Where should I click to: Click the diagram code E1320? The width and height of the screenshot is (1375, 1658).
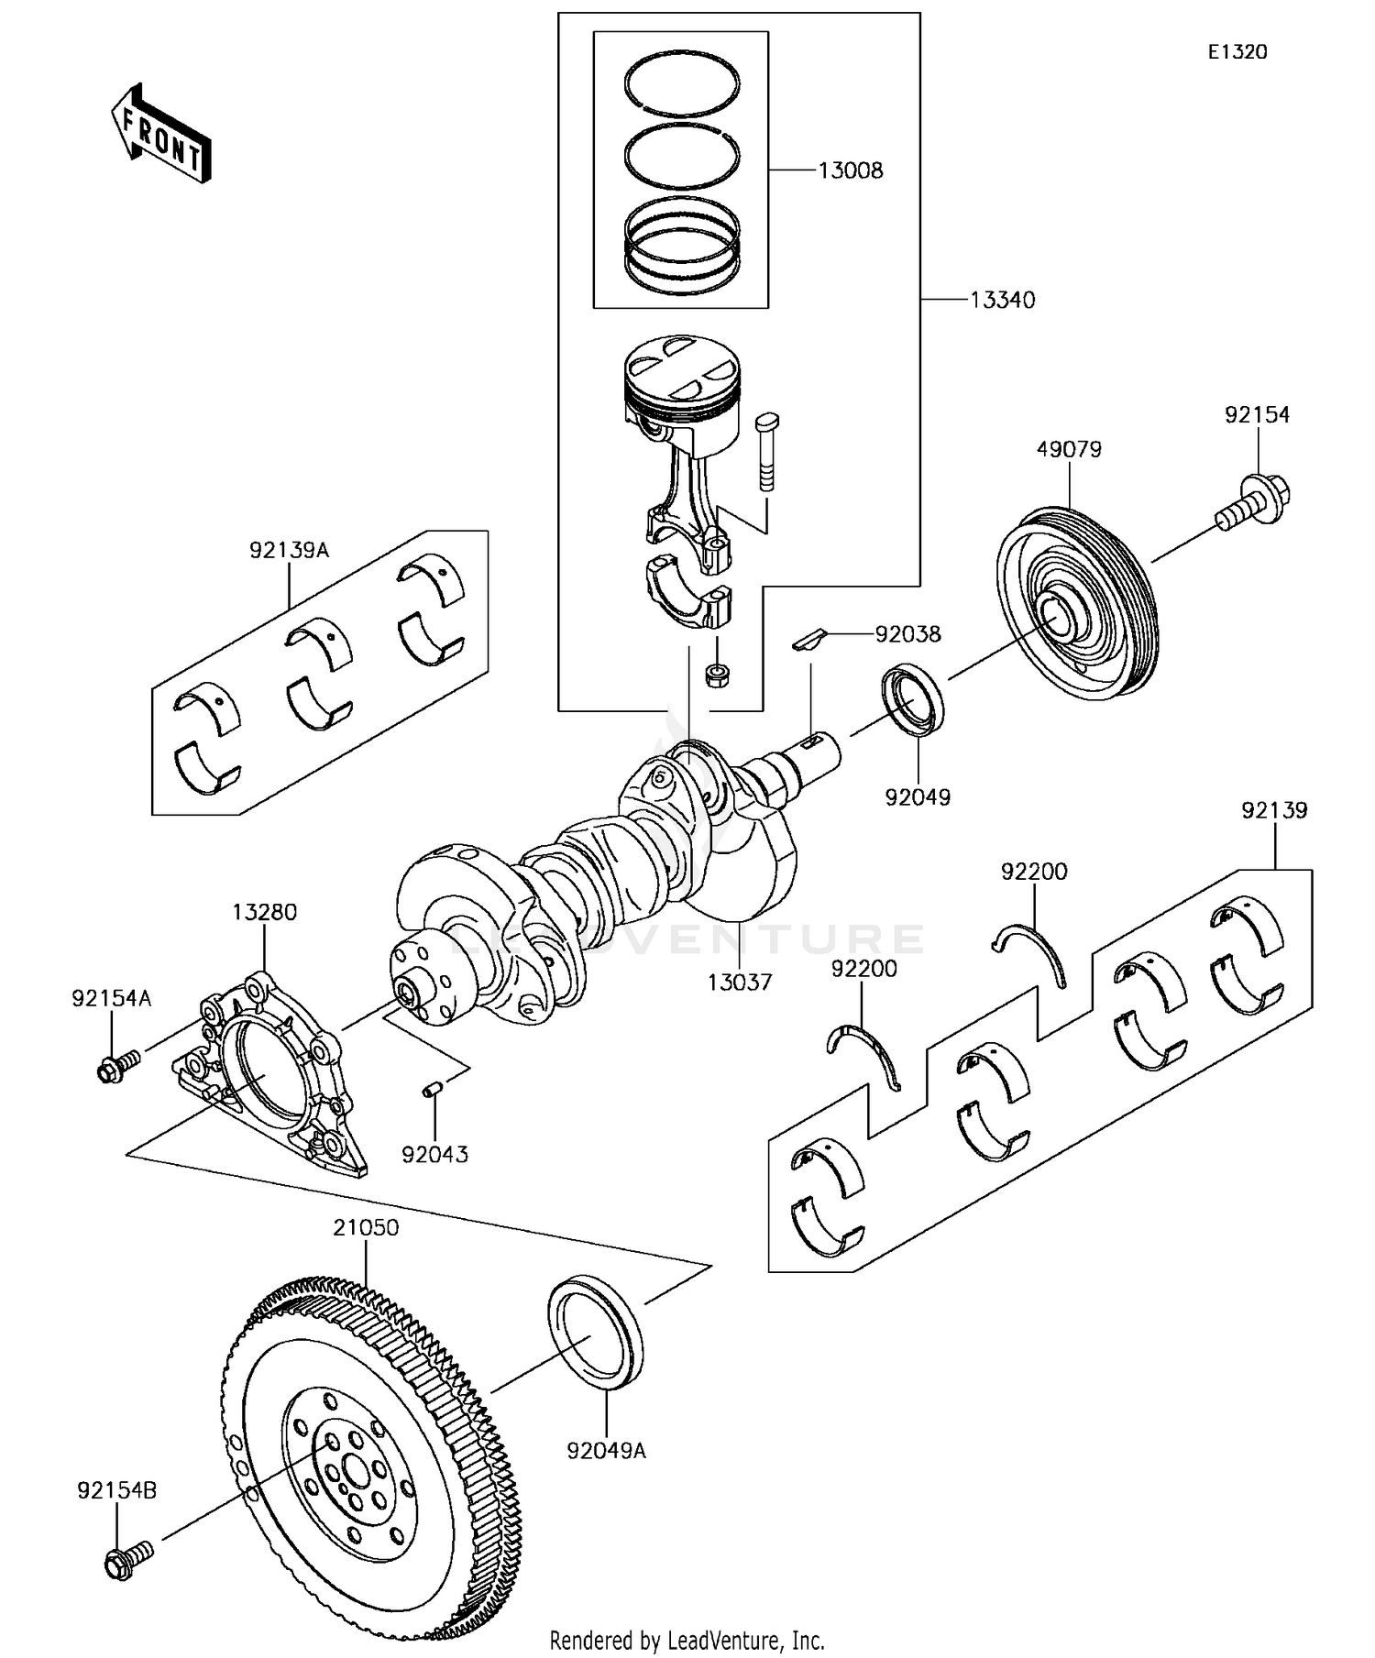[1237, 52]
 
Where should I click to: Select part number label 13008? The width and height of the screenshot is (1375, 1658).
[850, 170]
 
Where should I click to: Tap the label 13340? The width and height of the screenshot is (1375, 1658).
[1003, 301]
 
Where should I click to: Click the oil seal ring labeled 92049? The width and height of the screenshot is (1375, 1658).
[912, 700]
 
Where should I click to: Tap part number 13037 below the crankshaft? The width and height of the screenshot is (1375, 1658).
[739, 983]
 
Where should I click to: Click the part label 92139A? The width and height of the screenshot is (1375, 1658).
[289, 550]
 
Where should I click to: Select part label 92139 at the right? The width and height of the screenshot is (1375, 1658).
[1274, 810]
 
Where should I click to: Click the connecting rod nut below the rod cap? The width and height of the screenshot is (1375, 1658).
[716, 676]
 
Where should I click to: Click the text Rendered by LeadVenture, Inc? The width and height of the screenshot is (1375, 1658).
[687, 1640]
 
